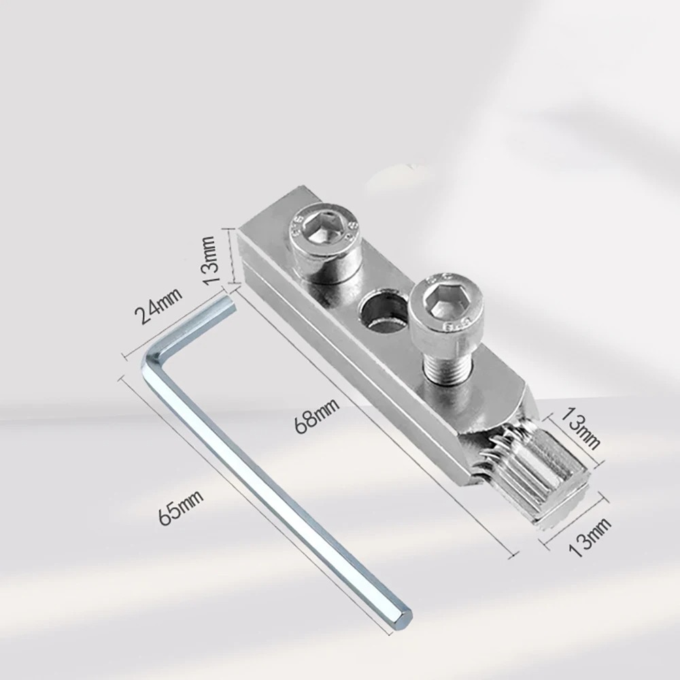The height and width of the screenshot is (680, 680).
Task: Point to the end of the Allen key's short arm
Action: click(x=228, y=300)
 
